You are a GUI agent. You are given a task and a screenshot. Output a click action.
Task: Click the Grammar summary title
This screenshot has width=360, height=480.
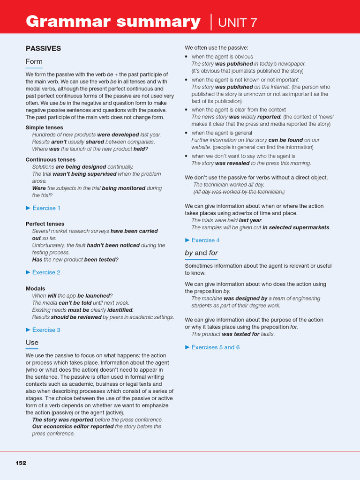(x=113, y=22)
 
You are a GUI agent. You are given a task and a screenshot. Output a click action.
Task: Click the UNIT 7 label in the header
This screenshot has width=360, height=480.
(x=238, y=22)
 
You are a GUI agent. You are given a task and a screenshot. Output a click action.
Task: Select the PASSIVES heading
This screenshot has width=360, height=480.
(x=43, y=48)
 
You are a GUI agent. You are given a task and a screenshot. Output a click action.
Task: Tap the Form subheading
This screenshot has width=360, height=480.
(x=34, y=61)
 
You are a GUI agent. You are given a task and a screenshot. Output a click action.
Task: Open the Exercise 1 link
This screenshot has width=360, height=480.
(x=46, y=208)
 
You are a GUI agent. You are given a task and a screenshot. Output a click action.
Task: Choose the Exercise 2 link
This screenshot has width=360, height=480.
(x=46, y=272)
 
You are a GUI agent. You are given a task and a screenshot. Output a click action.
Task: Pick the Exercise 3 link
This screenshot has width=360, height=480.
(x=46, y=330)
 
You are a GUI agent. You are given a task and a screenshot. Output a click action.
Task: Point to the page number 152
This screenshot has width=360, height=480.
(x=21, y=463)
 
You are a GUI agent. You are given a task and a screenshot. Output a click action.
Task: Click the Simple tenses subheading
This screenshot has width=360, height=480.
(x=44, y=127)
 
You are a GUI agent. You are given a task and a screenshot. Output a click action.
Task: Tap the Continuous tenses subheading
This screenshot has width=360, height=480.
(x=50, y=159)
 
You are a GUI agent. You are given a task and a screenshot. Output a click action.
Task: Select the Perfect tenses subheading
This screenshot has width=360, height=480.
(x=45, y=224)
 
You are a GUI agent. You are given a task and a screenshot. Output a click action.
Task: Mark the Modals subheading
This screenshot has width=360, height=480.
(x=35, y=289)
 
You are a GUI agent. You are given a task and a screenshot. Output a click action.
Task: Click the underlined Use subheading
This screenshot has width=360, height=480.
(x=32, y=343)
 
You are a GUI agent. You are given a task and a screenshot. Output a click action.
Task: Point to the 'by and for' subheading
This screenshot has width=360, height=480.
(x=201, y=253)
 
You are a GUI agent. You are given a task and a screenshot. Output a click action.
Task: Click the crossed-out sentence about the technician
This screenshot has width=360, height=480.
(x=239, y=192)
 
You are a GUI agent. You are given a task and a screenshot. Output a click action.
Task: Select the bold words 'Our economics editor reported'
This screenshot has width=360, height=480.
(x=73, y=427)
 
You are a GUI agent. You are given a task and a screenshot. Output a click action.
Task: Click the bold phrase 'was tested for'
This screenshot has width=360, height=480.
(x=240, y=334)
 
